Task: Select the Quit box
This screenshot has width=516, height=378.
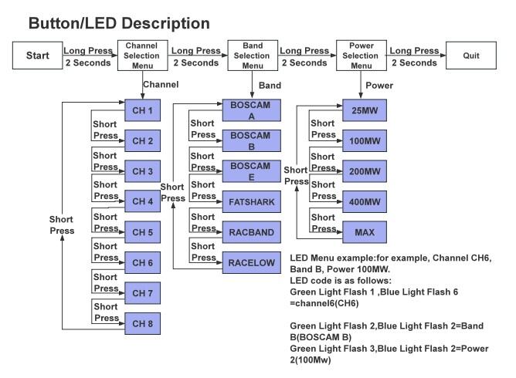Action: tap(471, 56)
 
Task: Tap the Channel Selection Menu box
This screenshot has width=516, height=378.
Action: tap(142, 56)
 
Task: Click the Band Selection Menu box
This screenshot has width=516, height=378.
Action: tap(252, 56)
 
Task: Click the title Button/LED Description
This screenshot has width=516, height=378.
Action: tap(119, 23)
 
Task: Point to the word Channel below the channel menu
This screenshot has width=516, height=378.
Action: tap(161, 83)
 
